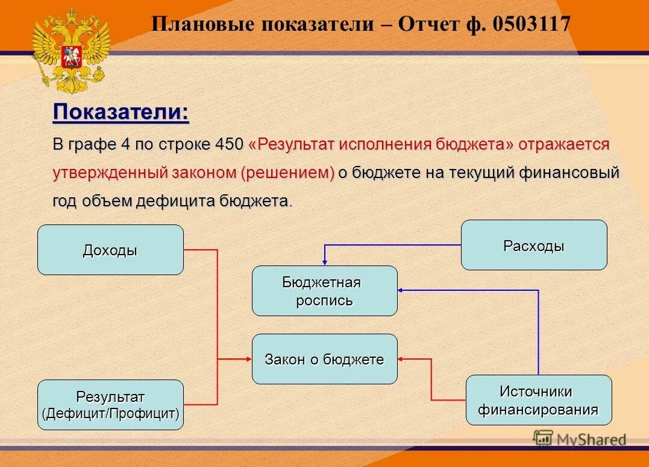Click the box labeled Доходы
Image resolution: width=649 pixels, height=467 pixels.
pos(110,250)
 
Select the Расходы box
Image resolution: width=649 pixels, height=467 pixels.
pos(534,245)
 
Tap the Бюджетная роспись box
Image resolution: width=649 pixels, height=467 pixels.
pos(324,291)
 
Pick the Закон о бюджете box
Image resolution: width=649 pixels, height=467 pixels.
pos(324,359)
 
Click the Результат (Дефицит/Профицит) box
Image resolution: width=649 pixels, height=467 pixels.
pos(110,405)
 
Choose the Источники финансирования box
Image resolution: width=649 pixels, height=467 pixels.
pos(538,400)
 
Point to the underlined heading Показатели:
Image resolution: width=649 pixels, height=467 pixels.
pos(121,112)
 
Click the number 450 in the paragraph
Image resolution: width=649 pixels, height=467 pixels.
pos(229,145)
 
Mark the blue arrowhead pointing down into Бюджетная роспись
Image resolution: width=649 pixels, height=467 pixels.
pos(325,261)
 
